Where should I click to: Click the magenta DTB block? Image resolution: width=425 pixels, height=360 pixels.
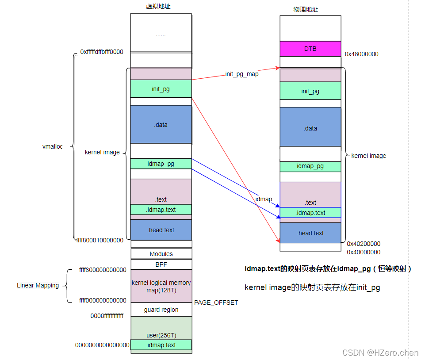tap(310, 49)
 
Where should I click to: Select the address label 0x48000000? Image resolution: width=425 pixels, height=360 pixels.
tap(361, 54)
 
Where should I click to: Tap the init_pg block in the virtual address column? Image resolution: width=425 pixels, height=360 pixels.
tap(161, 89)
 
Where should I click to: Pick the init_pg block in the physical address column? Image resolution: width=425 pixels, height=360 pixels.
tap(310, 91)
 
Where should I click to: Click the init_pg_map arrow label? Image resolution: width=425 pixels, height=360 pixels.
tap(242, 74)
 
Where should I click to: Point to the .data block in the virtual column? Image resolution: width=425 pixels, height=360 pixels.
tap(161, 125)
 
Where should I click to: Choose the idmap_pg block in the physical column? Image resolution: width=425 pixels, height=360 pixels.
tap(310, 166)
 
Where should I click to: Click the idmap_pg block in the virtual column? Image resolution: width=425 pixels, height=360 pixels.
tap(161, 164)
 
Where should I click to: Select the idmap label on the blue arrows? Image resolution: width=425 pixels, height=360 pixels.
tap(264, 199)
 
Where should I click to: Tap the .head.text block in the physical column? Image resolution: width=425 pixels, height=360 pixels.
tap(310, 233)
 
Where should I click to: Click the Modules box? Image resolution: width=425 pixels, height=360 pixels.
tap(161, 254)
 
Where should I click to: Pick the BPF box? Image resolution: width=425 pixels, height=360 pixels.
tap(161, 264)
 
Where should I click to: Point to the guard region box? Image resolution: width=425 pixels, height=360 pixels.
tap(161, 310)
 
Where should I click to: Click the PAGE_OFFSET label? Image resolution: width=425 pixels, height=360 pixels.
tap(216, 303)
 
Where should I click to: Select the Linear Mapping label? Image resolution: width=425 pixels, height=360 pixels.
tap(38, 285)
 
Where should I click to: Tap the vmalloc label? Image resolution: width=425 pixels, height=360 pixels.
tap(52, 146)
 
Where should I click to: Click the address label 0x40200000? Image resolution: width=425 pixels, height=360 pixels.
tap(364, 244)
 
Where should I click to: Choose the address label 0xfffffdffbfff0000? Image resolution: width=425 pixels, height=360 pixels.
tap(102, 52)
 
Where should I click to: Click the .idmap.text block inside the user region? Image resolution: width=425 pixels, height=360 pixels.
tap(161, 345)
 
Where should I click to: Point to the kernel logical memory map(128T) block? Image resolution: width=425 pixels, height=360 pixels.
tap(161, 286)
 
